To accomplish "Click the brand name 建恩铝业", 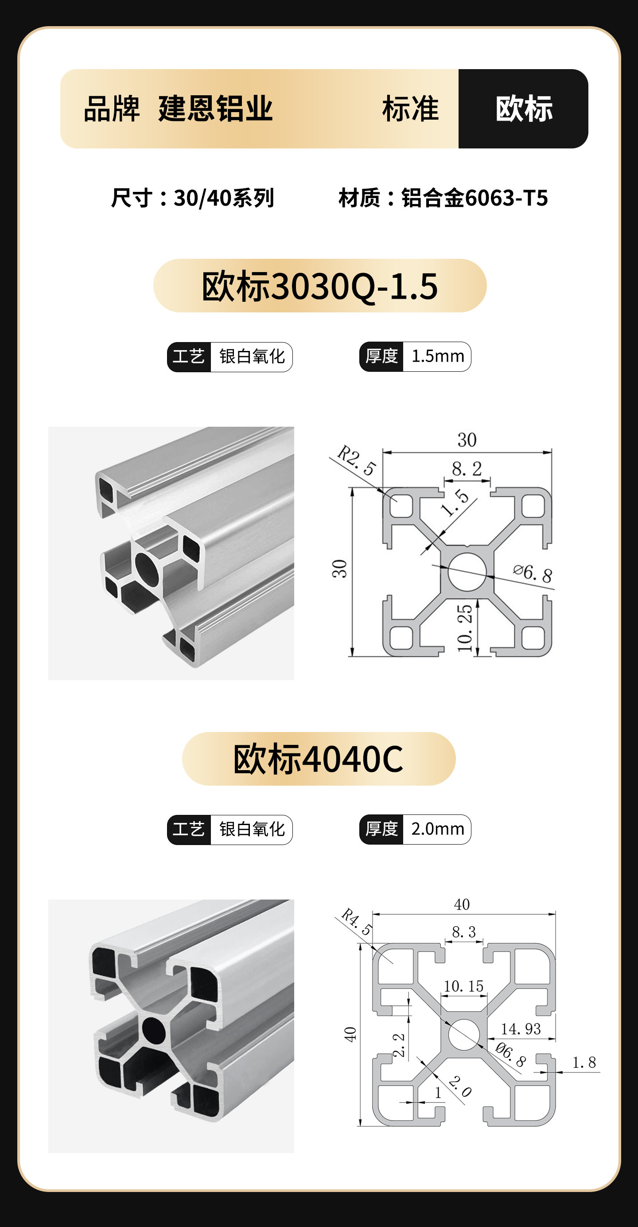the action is [x=216, y=109].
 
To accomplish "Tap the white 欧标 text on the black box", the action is [x=524, y=109].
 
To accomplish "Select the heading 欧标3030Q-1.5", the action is [x=319, y=286].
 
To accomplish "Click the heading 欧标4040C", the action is [x=318, y=759].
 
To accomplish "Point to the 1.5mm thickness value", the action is [x=438, y=356].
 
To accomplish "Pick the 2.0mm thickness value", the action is [x=438, y=829].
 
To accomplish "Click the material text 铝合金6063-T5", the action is [x=475, y=198].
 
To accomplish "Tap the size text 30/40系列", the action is [x=224, y=198].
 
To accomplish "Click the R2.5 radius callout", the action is [x=357, y=460].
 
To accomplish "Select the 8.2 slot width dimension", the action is [x=467, y=469].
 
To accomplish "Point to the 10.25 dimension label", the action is [x=465, y=628].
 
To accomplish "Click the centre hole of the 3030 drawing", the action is [x=467, y=572].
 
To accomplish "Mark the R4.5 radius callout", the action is [x=357, y=922].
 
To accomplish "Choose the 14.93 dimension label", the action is [x=521, y=1029].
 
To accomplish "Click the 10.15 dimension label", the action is [x=463, y=986].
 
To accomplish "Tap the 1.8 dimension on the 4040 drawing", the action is [x=584, y=1062].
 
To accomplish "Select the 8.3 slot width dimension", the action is [x=464, y=932].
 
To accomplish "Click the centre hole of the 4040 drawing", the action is [x=464, y=1035].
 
